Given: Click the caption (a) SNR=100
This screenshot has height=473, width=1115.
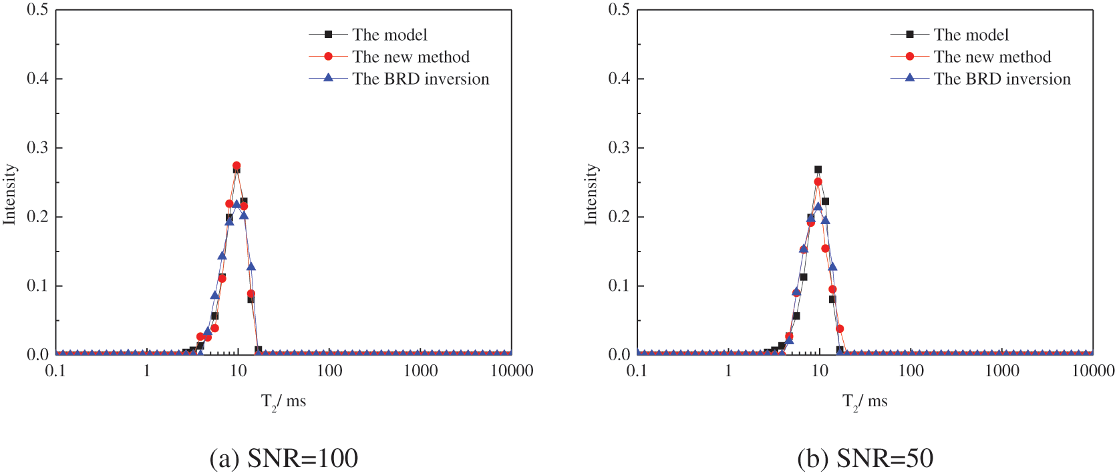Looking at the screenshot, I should [x=284, y=458].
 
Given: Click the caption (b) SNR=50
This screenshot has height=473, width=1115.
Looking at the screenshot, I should [x=865, y=458].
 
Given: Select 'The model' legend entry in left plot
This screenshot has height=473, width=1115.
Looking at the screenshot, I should [x=389, y=35].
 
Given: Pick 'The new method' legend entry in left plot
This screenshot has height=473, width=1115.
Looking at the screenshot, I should [x=410, y=57].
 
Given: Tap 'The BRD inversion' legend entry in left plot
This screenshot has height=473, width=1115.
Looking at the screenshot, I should [x=420, y=79].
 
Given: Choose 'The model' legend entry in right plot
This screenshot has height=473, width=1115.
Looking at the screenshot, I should [x=971, y=35].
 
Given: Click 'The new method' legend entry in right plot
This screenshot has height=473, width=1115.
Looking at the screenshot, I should [x=992, y=57].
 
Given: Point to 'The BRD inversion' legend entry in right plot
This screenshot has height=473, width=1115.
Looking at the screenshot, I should [x=1001, y=79].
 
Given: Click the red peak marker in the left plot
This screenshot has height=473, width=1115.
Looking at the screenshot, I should [x=236, y=165].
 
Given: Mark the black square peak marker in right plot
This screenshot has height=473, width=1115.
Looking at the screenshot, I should [x=818, y=169].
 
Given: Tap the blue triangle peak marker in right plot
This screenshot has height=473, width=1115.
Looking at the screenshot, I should [x=818, y=207].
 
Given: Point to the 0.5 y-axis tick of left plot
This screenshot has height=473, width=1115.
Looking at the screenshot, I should [x=37, y=10].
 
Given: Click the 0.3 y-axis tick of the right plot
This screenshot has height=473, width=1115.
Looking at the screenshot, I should [x=619, y=147].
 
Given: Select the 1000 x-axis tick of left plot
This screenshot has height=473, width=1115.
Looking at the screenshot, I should [x=420, y=371].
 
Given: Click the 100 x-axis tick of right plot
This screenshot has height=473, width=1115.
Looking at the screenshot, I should [x=911, y=371].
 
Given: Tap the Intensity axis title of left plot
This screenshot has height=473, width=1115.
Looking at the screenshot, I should [x=9, y=194].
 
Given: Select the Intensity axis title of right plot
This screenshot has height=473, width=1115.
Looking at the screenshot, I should [x=591, y=194].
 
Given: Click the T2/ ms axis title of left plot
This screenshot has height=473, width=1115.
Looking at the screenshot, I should [x=283, y=402].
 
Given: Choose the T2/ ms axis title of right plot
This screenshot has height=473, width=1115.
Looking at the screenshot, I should [x=864, y=402].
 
